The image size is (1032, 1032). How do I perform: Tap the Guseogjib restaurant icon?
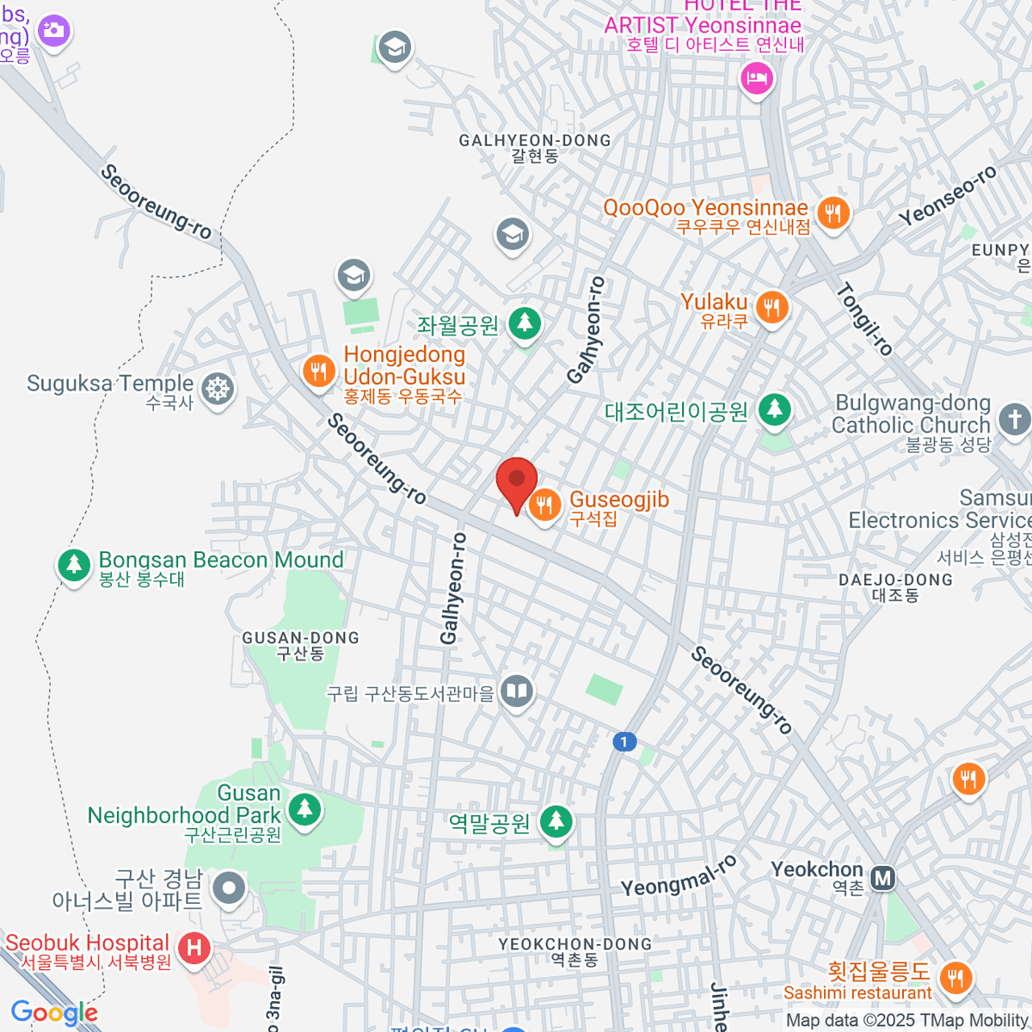click(544, 505)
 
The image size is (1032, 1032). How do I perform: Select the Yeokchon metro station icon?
click(882, 878)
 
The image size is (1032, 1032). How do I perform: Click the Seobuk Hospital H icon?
click(194, 949)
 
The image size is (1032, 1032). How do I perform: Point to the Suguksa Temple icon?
click(218, 390)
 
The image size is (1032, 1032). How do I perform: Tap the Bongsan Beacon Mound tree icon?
click(74, 566)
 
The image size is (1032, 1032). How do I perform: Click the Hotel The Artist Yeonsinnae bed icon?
click(757, 80)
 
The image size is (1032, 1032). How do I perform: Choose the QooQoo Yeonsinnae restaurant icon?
click(832, 212)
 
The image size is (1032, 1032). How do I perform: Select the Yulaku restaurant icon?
click(772, 307)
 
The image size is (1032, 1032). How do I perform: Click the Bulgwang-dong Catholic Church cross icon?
click(1014, 420)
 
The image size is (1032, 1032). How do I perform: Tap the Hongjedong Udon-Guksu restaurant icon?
click(319, 372)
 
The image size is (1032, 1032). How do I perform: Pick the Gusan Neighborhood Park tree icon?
click(304, 809)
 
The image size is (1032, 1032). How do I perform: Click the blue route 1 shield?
click(624, 741)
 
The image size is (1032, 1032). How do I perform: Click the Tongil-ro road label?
click(865, 319)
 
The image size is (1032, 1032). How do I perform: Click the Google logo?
click(55, 1013)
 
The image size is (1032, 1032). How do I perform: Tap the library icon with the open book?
click(516, 691)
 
